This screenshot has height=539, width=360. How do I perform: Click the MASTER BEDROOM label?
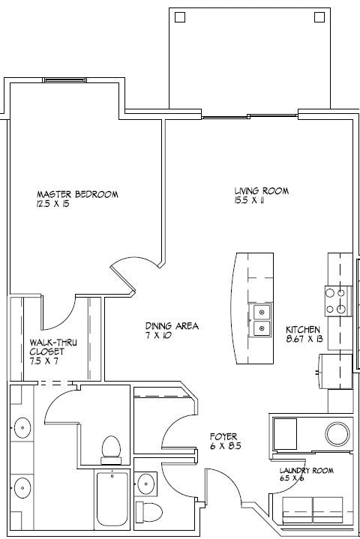tap(77, 194)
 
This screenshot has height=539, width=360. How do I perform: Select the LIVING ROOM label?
tap(261, 191)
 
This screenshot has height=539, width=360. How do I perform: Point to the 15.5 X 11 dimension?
tap(250, 201)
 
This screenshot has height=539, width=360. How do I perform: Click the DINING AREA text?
tap(172, 326)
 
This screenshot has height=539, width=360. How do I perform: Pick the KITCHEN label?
tap(302, 330)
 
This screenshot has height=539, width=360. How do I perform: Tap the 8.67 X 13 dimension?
tap(304, 340)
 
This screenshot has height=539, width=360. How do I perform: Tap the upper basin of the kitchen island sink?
tap(262, 311)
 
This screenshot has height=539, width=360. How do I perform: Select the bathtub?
tap(112, 499)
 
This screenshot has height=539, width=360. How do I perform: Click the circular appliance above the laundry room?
tap(337, 433)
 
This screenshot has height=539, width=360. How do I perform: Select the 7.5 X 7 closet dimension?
tap(44, 361)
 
